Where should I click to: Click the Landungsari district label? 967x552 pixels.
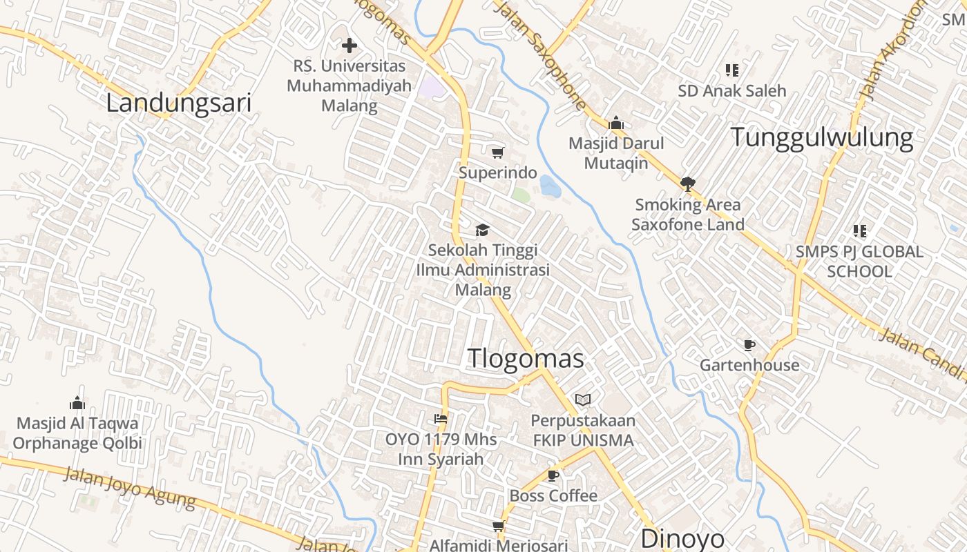pos(178,103)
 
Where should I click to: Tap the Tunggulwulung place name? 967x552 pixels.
pos(822,137)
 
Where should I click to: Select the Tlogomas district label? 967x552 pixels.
pos(526,358)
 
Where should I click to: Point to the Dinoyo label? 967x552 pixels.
pos(682,538)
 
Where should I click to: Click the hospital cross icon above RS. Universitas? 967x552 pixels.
pos(350,46)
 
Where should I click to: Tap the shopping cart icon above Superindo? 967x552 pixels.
pos(497,152)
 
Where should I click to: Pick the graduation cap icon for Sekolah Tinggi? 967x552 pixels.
pos(482,230)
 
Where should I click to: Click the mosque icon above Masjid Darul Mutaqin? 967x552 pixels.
pos(616,124)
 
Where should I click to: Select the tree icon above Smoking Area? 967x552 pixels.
pos(687,184)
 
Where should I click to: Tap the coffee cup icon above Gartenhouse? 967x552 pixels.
pos(749,345)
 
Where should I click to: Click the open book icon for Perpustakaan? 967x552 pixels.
pos(583,400)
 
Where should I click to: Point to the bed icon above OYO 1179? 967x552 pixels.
pos(441,419)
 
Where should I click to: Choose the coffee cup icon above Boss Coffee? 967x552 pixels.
pos(553,475)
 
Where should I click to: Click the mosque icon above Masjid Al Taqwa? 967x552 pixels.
pos(77,403)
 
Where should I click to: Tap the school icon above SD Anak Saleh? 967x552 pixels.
pos(732,70)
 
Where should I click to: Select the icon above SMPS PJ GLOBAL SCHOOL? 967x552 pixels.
pos(859,231)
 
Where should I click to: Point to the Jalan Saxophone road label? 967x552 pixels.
pos(542,55)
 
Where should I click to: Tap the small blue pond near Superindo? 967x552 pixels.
pos(550,186)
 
